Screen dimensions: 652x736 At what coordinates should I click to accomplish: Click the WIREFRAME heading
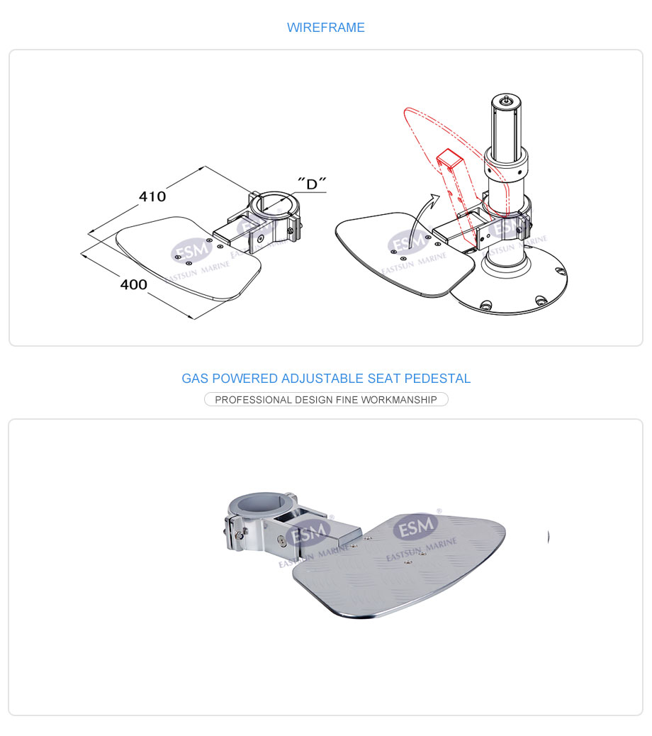[x=325, y=27]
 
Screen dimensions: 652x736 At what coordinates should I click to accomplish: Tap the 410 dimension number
[x=152, y=196]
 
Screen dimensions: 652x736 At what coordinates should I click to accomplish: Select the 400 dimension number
[x=134, y=284]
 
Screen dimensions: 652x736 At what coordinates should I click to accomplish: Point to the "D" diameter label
[x=312, y=183]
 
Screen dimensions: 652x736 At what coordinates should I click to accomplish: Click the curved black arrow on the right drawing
[x=419, y=221]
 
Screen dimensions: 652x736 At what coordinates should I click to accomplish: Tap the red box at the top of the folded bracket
[x=450, y=159]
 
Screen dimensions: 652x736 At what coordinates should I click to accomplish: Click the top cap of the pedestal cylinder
[x=506, y=100]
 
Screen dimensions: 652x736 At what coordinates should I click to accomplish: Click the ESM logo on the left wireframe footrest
[x=191, y=250]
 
